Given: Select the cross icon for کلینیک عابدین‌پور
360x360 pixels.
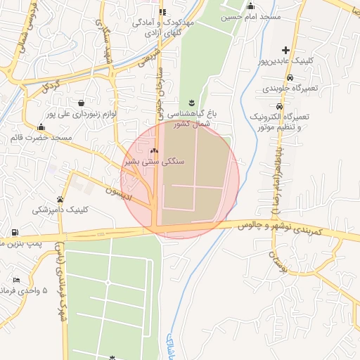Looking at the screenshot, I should tap(285, 50).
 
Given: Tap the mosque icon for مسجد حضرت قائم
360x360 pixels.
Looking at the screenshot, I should tap(41, 127).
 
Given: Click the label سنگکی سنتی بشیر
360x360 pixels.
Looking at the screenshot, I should tap(155, 161).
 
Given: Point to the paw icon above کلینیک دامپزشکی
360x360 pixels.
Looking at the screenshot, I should tap(60, 199).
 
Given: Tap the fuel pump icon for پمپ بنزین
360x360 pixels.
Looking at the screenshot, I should tap(15, 232).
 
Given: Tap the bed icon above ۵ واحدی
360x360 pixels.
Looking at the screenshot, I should tap(16, 280).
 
